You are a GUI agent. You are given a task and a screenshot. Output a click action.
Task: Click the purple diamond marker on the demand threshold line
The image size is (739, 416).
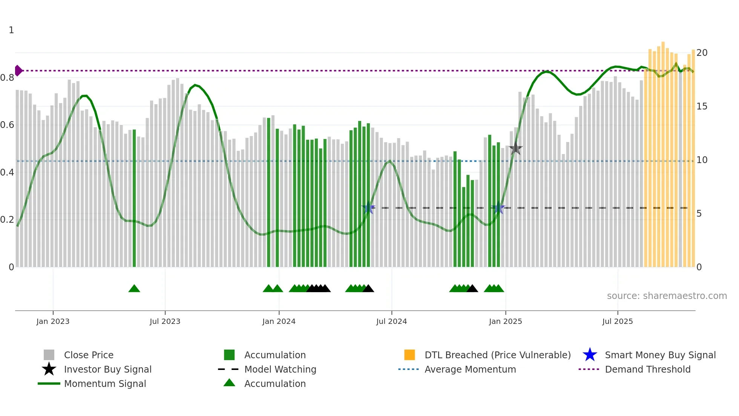coord(18,71)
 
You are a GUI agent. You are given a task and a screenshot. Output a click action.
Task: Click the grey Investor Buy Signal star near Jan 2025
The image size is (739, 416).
coord(515,149)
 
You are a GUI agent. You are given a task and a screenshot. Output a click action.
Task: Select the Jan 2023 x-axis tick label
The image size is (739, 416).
coord(53,321)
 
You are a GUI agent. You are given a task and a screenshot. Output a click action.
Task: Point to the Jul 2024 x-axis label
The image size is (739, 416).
coord(391,321)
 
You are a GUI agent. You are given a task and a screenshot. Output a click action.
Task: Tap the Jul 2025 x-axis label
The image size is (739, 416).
coord(617,321)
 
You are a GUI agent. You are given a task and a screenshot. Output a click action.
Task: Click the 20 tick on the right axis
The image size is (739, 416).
coord(702,53)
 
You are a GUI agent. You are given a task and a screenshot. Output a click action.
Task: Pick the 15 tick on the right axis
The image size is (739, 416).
coord(702,106)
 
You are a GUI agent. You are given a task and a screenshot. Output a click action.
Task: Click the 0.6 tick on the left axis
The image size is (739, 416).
coord(7,125)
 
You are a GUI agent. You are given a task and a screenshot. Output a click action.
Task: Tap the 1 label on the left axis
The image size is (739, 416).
coord(11,30)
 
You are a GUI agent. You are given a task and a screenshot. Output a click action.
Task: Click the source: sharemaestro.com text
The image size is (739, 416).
coord(667,296)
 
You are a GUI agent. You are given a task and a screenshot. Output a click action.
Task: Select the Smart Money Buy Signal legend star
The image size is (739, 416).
coord(590,355)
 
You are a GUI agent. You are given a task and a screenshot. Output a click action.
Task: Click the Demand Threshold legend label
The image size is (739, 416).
coord(647,369)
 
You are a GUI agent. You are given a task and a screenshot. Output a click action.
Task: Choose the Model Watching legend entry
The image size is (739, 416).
coord(280,369)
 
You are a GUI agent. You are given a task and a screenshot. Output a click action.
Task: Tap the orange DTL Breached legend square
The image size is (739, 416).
coord(409,355)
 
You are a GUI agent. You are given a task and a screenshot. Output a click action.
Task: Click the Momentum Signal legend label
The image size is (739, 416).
coord(105,384)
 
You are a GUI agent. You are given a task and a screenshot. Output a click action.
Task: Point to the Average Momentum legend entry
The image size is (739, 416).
coord(470,369)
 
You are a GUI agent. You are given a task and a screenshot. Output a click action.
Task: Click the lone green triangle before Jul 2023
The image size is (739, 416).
coord(134,289)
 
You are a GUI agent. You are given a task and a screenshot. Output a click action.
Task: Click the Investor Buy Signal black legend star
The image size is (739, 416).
coord(49,369)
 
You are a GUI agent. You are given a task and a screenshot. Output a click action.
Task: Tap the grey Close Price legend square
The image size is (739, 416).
coord(49,355)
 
